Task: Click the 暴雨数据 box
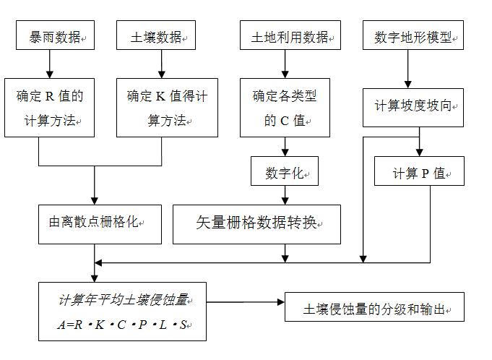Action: point(55,36)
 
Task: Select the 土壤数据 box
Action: point(156,36)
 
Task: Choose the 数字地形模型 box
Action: point(413,36)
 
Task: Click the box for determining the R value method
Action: point(49,107)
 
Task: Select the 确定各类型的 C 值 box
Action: point(285,108)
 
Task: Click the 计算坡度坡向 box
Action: point(413,106)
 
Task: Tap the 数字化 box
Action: point(285,173)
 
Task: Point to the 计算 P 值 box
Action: point(419,173)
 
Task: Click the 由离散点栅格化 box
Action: point(92,223)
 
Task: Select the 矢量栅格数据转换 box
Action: point(256,223)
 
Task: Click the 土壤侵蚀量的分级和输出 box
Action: point(374,308)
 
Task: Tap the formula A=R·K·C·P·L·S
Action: point(122,325)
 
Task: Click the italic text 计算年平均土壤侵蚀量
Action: point(122,299)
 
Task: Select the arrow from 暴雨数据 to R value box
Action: point(49,64)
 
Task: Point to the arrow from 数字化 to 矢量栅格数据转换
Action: point(285,194)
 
